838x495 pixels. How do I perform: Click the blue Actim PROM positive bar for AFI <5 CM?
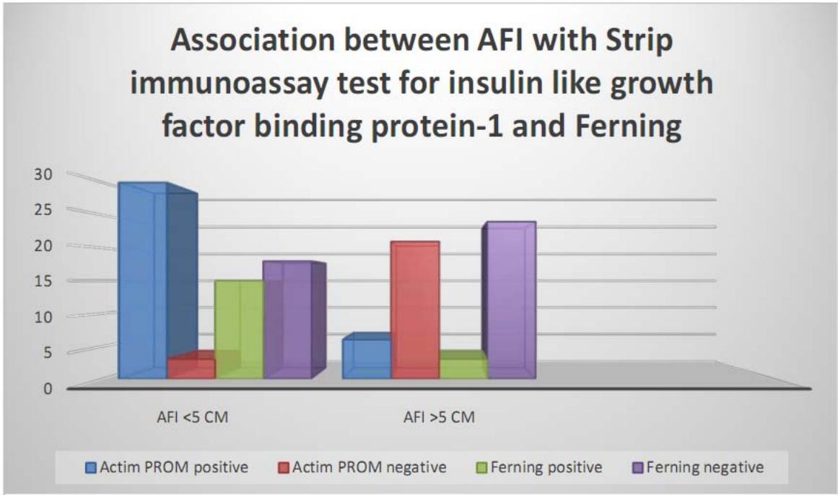(x=143, y=281)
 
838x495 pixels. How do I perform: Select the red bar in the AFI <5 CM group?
(x=191, y=368)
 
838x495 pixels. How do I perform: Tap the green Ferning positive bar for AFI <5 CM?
(x=239, y=329)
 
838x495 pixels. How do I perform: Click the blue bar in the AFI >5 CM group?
(x=366, y=359)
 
